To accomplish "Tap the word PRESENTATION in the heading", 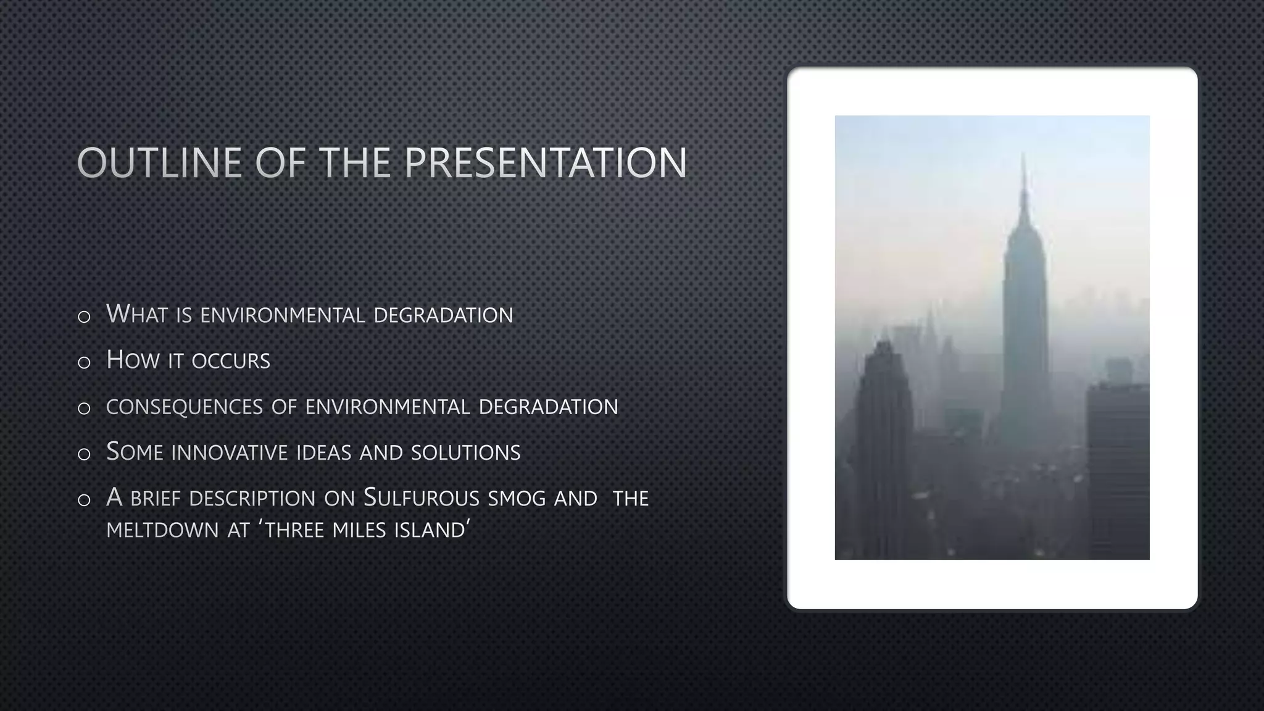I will [x=546, y=163].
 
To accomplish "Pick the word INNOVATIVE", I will [x=230, y=452].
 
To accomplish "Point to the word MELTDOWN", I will [x=162, y=530].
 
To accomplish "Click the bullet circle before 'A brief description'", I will [x=85, y=501].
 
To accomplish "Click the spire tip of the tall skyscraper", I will [x=1023, y=156].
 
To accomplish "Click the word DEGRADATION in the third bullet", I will [x=548, y=407].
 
